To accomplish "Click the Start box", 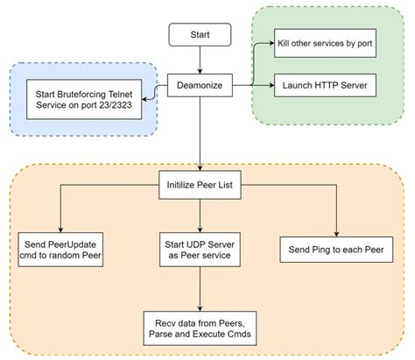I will tap(200, 36).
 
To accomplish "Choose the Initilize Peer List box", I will tap(200, 185).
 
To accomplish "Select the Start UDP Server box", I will tap(200, 248).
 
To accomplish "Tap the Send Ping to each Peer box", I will tap(337, 250).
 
